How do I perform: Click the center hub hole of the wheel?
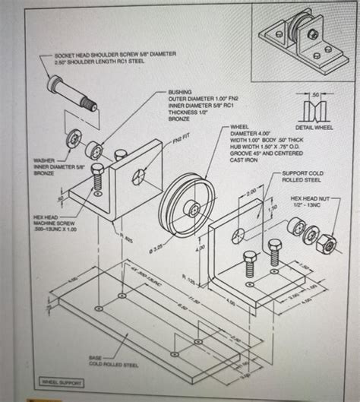tap(196, 207)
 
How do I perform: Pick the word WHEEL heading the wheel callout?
tap(240, 127)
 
